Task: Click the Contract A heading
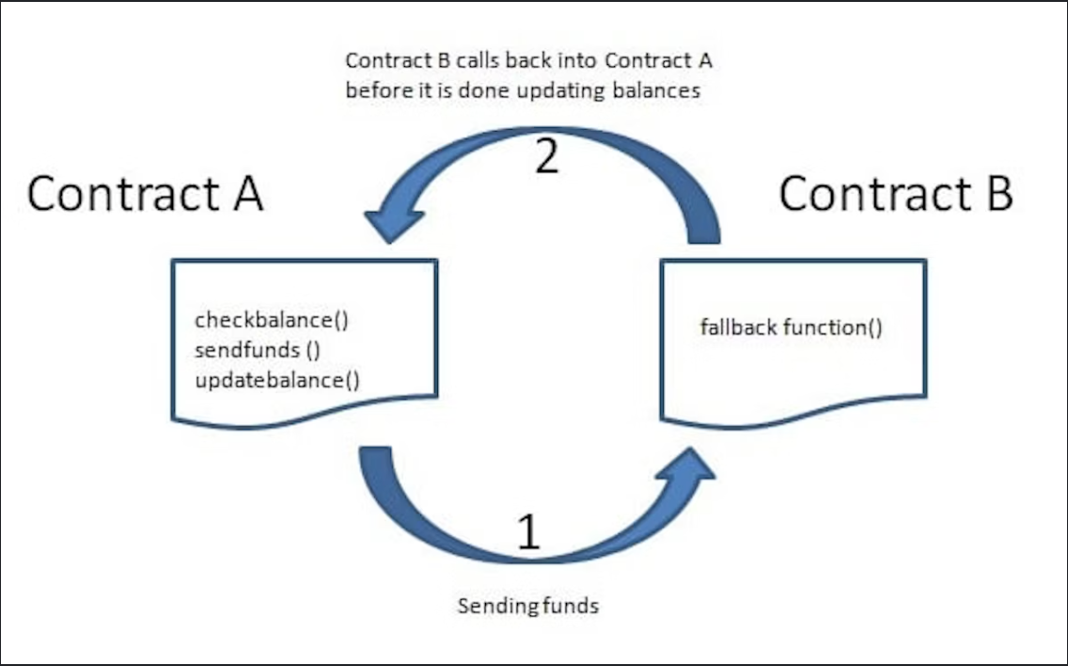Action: click(145, 194)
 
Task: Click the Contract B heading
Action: click(896, 194)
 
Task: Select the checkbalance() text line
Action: click(272, 320)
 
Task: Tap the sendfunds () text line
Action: click(259, 350)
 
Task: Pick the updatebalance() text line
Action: click(277, 380)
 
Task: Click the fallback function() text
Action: click(791, 328)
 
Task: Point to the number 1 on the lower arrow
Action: click(529, 532)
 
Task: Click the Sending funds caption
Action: click(527, 606)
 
